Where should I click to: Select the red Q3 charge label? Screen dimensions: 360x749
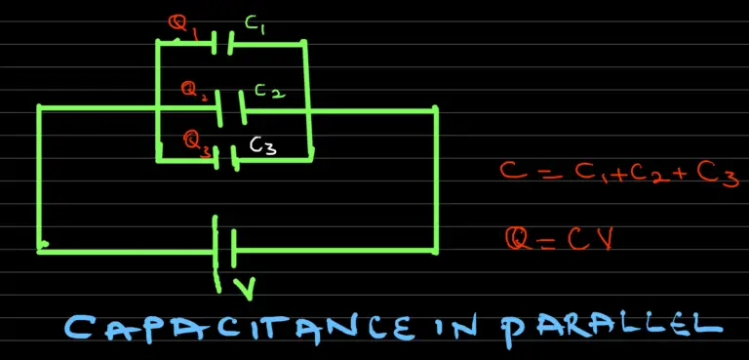click(197, 142)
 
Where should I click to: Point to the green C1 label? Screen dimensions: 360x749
click(256, 26)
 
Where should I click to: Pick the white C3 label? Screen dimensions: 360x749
click(262, 146)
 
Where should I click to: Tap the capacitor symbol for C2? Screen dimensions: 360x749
click(231, 108)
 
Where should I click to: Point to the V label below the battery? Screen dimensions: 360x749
click(245, 288)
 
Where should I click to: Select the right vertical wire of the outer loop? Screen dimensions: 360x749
click(435, 180)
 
